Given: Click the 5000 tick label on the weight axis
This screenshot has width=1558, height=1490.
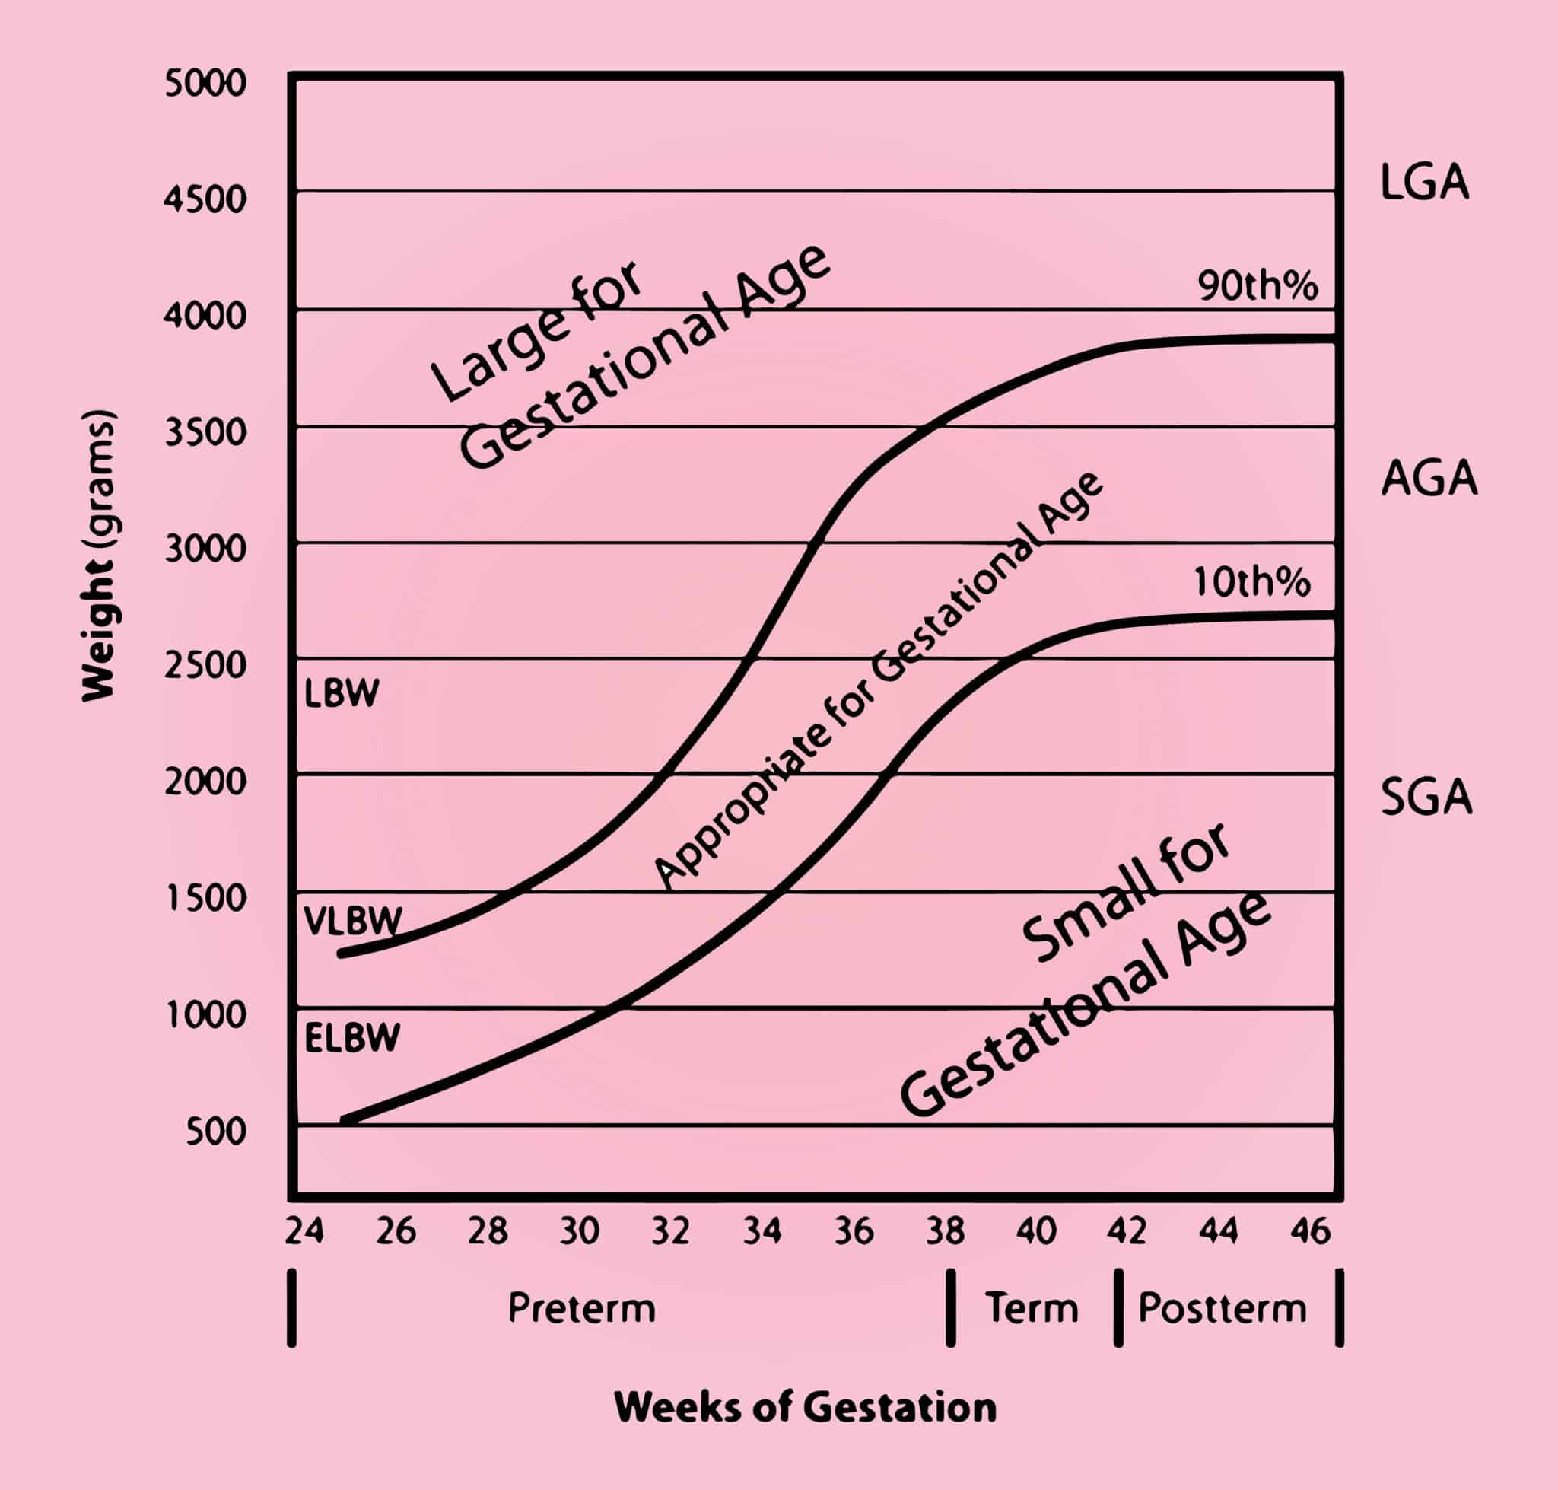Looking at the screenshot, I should (205, 84).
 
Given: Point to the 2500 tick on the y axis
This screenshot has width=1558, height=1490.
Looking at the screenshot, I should (205, 665).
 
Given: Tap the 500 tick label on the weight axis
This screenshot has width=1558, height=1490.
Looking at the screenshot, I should (216, 1131).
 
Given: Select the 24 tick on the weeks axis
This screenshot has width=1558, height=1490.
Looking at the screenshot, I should (304, 1231).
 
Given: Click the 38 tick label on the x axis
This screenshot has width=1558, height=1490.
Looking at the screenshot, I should (945, 1231).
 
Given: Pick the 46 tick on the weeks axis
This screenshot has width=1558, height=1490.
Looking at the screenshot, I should (1310, 1231).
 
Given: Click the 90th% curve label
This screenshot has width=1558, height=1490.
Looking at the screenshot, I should (1258, 286).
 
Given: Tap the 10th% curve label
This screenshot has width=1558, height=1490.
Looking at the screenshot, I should (1251, 583).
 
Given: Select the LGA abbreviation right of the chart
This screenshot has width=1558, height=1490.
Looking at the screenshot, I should (1425, 183).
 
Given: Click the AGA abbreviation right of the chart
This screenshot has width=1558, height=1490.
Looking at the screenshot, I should (1429, 478).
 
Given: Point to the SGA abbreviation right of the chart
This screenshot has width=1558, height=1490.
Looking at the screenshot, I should (1427, 798).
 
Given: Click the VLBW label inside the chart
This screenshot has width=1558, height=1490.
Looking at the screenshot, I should (352, 922).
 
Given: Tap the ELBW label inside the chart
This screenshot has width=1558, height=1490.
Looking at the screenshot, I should (351, 1038).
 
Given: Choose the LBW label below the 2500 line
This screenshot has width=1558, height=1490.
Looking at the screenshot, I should (342, 693).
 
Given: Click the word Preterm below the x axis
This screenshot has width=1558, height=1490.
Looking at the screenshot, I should (582, 1308).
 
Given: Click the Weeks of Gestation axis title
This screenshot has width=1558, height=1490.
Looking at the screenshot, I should (805, 1407).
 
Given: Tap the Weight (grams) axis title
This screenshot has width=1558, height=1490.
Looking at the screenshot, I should (99, 556).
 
